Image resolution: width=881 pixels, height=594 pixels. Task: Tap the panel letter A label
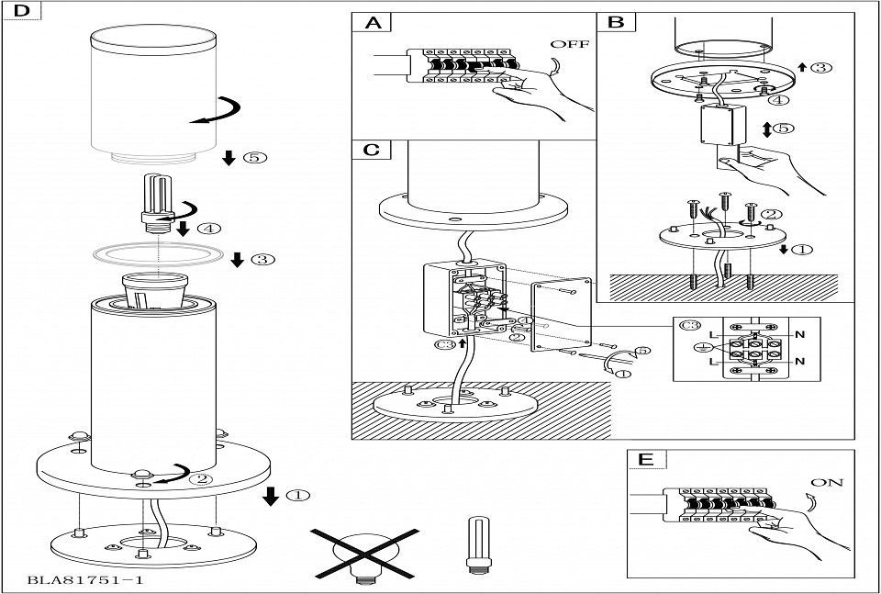373,23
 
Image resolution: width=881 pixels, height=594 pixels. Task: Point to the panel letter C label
372,149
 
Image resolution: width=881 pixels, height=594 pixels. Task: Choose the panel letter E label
646,460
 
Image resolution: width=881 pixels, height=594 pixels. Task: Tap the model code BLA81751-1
85,580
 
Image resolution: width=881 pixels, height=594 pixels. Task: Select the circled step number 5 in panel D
256,158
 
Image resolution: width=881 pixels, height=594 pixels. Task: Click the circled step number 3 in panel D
262,260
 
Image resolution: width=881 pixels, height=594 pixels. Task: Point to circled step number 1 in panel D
298,496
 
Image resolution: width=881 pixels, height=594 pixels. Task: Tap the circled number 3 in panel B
823,67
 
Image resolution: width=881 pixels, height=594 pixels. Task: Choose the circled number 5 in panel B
781,128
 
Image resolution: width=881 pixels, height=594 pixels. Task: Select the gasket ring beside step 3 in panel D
158,253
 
